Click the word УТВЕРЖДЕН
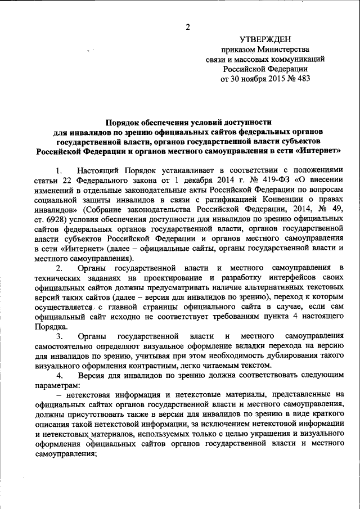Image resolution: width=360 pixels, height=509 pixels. (265, 39)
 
